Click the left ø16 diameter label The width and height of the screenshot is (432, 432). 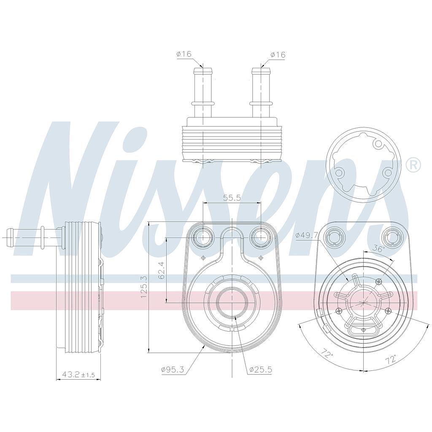[x=184, y=54]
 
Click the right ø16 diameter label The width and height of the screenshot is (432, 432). [x=278, y=55]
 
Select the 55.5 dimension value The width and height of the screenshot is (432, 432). [x=232, y=197]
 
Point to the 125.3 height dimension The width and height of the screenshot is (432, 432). [x=144, y=287]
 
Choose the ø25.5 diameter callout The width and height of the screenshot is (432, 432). [x=260, y=370]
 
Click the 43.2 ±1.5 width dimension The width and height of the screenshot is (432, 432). [x=78, y=375]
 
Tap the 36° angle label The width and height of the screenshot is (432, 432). [x=379, y=249]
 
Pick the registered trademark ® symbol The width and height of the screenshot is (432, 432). [x=413, y=165]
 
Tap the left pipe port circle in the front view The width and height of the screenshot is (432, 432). [x=203, y=238]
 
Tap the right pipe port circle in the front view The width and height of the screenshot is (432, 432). [x=261, y=238]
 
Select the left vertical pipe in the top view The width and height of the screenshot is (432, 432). [x=203, y=91]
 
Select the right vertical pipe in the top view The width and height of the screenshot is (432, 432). [x=261, y=91]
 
